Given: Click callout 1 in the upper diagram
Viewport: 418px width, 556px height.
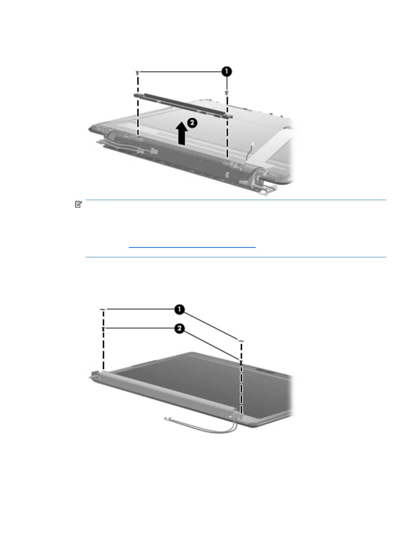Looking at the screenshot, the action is [227, 72].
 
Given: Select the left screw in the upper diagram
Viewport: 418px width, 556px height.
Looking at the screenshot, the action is [138, 73].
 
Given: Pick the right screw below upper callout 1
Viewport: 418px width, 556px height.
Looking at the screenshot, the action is [227, 93].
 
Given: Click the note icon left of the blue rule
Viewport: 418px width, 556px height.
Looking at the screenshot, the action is [78, 204].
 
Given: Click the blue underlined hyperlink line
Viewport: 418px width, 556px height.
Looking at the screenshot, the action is [192, 247].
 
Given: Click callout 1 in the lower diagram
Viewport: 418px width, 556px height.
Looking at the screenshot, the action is [180, 309].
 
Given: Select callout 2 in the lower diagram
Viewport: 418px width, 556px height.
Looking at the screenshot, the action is [179, 329].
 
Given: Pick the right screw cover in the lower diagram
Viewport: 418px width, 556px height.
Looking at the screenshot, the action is [241, 340].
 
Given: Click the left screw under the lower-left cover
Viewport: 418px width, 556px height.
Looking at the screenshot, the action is [103, 329].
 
